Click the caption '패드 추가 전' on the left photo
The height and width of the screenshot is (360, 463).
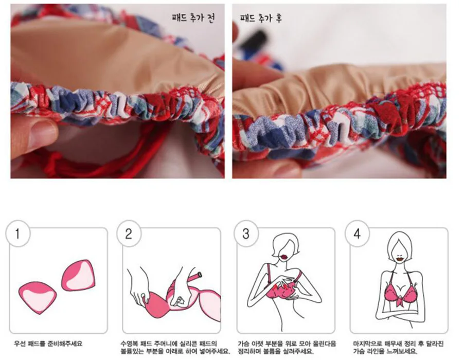pyautogui.click(x=193, y=18)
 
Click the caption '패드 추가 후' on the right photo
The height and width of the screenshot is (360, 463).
pyautogui.click(x=261, y=18)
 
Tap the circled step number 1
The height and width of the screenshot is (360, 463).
pyautogui.click(x=17, y=233)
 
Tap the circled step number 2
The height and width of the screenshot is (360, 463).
pyautogui.click(x=129, y=233)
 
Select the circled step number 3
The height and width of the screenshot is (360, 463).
pyautogui.click(x=246, y=233)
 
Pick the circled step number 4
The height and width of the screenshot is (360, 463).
pyautogui.click(x=357, y=233)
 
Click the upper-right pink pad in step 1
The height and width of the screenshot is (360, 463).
pyautogui.click(x=79, y=275)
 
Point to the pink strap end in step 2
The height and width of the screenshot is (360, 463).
pyautogui.click(x=196, y=277)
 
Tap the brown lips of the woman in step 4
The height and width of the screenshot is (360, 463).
pyautogui.click(x=400, y=259)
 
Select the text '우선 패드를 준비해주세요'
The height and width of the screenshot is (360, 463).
pyautogui.click(x=48, y=344)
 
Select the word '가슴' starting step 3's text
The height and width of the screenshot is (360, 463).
pyautogui.click(x=243, y=344)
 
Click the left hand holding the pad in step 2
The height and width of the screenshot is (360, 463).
pyautogui.click(x=138, y=285)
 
